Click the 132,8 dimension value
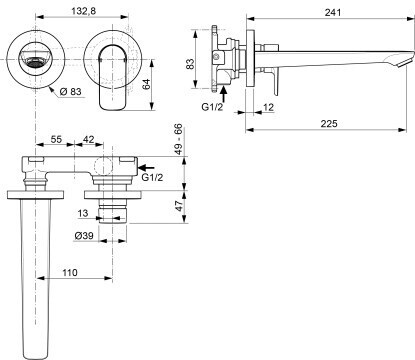click(x=84, y=11)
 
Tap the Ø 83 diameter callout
click(x=71, y=91)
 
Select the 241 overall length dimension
click(x=333, y=12)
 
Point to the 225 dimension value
click(x=329, y=124)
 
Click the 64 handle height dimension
click(x=146, y=84)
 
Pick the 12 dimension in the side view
click(x=268, y=107)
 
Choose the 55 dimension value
click(x=56, y=139)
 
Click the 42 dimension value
click(x=88, y=139)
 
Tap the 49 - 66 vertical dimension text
click(x=179, y=139)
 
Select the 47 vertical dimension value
click(x=180, y=206)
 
